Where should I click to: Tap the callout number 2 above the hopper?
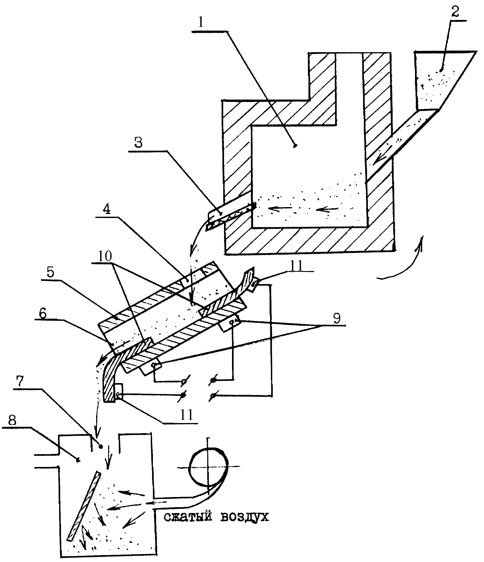tap(455, 12)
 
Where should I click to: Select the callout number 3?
tap(139, 142)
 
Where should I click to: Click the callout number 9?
tap(337, 318)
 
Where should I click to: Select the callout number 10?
tap(105, 256)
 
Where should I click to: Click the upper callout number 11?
tap(296, 266)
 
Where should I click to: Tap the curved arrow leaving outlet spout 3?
tap(198, 235)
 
